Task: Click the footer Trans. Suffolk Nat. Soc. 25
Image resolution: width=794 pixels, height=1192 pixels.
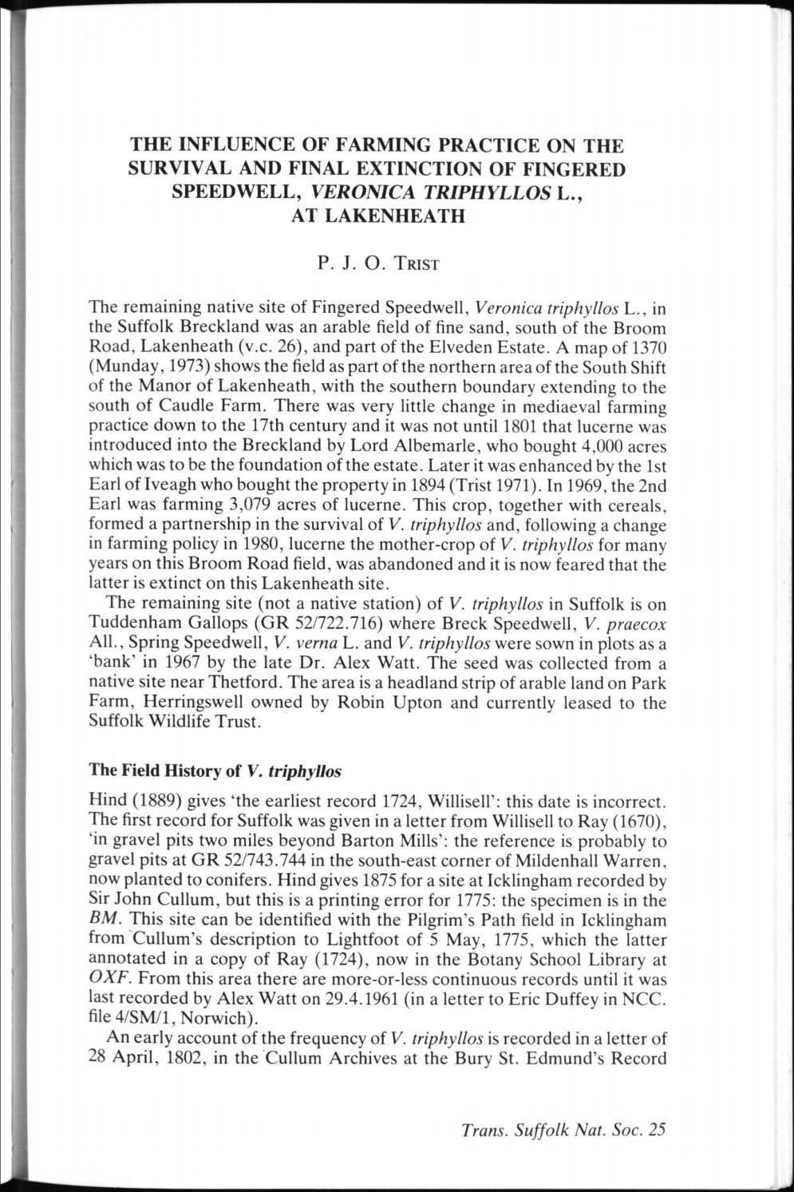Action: point(563,1130)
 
